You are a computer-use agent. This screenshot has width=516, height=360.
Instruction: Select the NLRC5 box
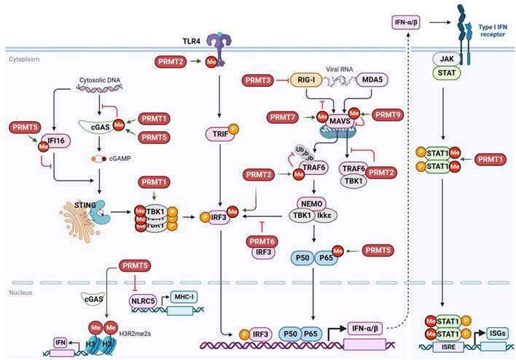(x=141, y=298)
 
